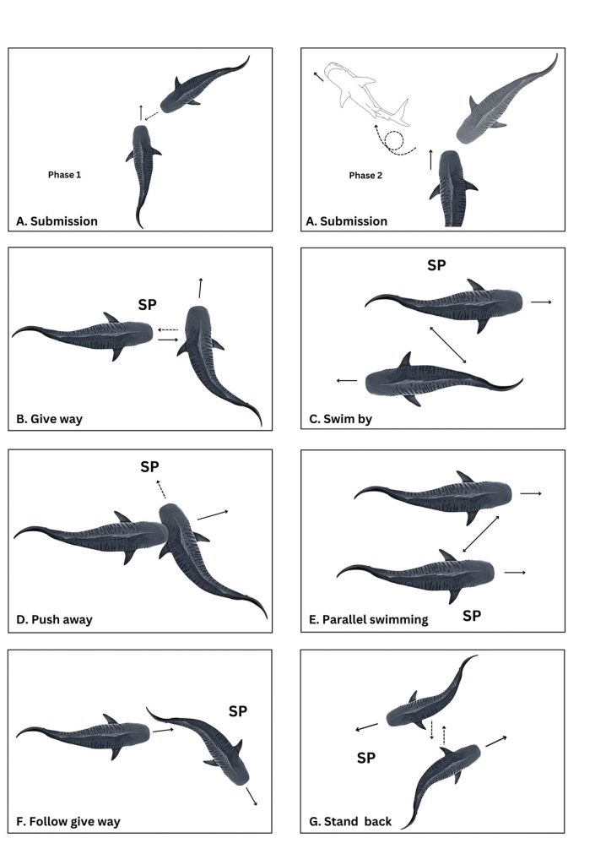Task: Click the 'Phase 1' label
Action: click(64, 175)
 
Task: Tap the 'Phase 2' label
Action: click(365, 176)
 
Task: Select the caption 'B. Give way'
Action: click(49, 419)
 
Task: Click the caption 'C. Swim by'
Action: click(340, 419)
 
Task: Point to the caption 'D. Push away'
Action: click(54, 619)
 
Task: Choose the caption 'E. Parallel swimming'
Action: click(368, 620)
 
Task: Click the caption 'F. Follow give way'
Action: click(68, 822)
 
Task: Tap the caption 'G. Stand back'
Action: click(350, 822)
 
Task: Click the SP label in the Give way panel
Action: click(147, 304)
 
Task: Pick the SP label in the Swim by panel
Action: click(436, 265)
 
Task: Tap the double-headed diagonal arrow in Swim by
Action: click(448, 345)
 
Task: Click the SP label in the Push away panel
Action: click(149, 466)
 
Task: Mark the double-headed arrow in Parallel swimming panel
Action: click(481, 534)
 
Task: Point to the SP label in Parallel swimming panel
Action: click(472, 616)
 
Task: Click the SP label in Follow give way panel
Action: click(238, 711)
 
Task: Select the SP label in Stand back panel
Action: click(366, 758)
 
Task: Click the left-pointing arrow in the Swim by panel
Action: click(347, 381)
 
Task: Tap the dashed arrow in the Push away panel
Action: click(160, 489)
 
